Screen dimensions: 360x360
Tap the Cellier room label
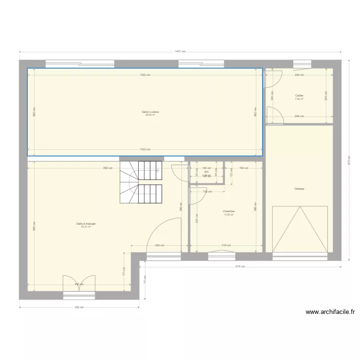[x=299, y=96]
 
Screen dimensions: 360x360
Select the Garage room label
[x=300, y=189]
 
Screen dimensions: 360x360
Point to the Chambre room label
[x=228, y=211]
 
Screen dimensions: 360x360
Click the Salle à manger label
[x=83, y=224]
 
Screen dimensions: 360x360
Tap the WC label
[x=206, y=172]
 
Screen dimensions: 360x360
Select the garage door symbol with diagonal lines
[x=300, y=229]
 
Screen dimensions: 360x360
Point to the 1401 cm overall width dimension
[x=180, y=52]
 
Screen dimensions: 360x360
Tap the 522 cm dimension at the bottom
[x=80, y=307]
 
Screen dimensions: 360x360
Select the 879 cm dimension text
[x=240, y=266]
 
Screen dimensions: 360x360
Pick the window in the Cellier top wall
[x=302, y=63]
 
